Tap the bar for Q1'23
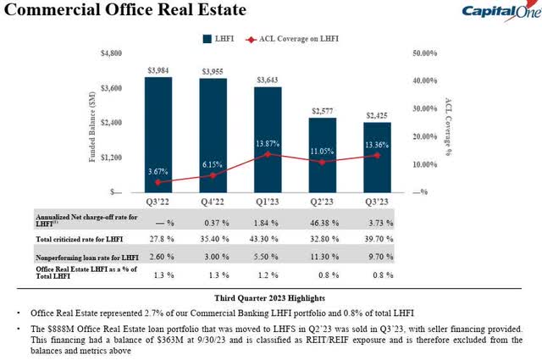pyautogui.click(x=268, y=140)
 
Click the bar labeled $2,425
pyautogui.click(x=378, y=158)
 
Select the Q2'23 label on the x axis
pyautogui.click(x=323, y=202)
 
